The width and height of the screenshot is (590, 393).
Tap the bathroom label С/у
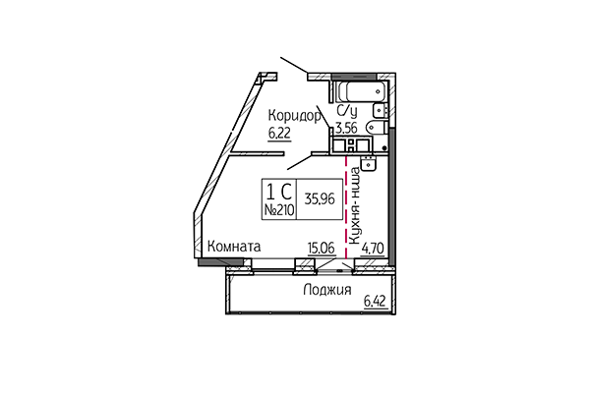[x=346, y=111]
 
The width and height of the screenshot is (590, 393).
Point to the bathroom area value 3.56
[x=345, y=127]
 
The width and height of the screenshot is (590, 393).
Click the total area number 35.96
[x=318, y=196]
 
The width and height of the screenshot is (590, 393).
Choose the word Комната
[x=233, y=250]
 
